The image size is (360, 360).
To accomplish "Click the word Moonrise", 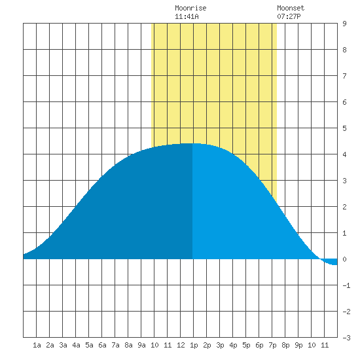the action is pos(190,8).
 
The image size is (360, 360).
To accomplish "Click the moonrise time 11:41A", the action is pos(187,16).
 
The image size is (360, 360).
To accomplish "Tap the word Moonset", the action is pos(291,8).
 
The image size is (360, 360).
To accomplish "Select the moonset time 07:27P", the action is pos(289,16).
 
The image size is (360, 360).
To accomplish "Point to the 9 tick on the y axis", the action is pos(344,24).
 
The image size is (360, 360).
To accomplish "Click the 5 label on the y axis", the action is pos(344,128).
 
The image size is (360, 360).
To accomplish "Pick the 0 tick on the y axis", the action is pos(344,259).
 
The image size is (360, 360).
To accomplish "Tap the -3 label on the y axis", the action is pos(346,338).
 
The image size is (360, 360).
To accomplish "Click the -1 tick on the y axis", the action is pos(346,285).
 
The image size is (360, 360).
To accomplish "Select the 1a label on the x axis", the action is pos(37,345).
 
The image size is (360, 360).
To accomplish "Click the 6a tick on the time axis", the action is pos(102,345).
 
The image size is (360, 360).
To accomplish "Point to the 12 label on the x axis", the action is pos(181,345).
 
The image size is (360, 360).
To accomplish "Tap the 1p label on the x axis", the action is pos(194,345).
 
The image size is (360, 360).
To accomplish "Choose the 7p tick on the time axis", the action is pos(272,345).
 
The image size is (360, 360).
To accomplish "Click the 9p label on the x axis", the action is pos(298,345).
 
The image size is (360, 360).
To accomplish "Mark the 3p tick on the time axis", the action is pos(220,345).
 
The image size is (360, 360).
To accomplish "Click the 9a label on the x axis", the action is pos(141,345).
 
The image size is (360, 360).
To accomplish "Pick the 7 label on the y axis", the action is pos(344,76).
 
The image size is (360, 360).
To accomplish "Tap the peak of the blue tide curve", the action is pos(192,143).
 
